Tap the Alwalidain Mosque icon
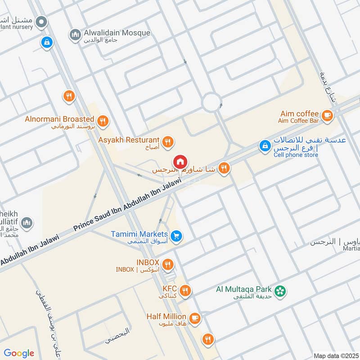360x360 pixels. [x=75, y=34]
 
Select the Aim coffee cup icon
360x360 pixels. [x=327, y=115]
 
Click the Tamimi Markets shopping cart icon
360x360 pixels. [x=177, y=235]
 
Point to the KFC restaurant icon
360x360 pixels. [x=184, y=291]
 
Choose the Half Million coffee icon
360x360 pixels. [x=194, y=318]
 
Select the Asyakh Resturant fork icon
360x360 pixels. [x=168, y=142]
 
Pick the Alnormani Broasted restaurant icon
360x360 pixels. [x=103, y=121]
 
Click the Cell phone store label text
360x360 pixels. [x=296, y=155]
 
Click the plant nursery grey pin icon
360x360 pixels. [x=42, y=21]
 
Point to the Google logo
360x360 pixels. [x=19, y=353]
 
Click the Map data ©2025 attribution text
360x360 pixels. [x=336, y=355]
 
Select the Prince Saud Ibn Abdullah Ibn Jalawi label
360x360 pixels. [x=127, y=204]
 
